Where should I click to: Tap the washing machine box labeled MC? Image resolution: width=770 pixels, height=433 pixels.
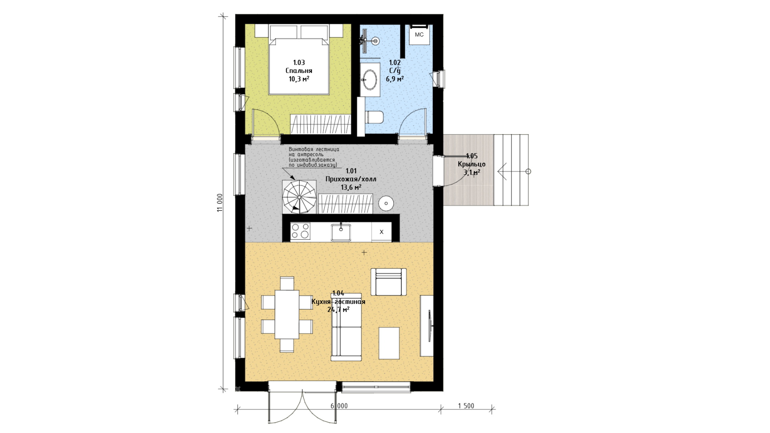419,34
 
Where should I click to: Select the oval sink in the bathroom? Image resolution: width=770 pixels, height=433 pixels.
369,79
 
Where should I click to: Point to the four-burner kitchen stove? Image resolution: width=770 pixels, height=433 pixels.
301,231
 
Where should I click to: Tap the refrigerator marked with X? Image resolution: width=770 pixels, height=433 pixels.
381,232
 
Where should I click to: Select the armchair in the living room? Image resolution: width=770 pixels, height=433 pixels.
389,282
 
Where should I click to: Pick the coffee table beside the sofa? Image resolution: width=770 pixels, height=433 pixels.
389,343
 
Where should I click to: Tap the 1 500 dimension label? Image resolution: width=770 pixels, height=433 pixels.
466,406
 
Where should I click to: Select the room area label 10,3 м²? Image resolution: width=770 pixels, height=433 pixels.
299,79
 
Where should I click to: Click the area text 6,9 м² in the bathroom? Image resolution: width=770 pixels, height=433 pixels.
395,79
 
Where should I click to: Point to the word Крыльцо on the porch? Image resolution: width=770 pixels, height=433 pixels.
472,164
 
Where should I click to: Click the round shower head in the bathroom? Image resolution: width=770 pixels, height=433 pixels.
375,40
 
